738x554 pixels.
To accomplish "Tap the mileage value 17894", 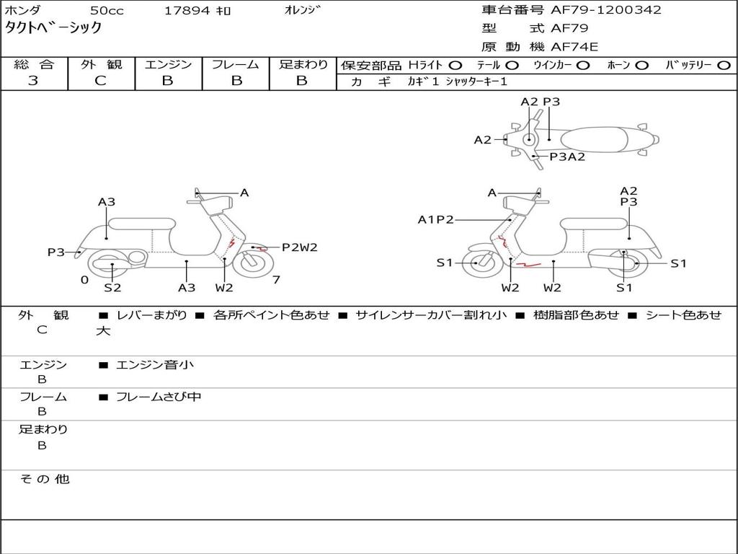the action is click(186, 11).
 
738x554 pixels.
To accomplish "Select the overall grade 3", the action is click(33, 81).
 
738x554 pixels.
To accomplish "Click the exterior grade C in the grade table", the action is click(100, 81).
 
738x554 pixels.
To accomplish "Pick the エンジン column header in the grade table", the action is click(168, 64).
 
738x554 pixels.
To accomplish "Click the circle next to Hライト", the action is click(455, 66).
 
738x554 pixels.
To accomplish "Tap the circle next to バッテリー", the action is click(724, 66).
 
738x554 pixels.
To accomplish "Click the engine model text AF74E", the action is click(574, 47).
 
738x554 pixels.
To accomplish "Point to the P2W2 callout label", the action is click(300, 247).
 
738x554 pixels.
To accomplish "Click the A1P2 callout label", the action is click(436, 219).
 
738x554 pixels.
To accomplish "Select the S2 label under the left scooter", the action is click(112, 287).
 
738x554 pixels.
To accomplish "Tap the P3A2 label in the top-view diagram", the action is click(568, 157).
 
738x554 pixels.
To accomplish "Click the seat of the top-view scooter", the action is click(594, 139).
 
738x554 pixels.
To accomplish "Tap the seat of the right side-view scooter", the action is click(594, 224).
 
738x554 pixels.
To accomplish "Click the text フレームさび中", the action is click(159, 397).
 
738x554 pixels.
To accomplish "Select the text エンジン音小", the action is click(154, 364).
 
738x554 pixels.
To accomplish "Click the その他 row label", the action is click(45, 479).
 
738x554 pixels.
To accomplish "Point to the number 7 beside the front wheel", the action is click(276, 280).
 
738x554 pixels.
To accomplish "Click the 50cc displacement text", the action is click(107, 11).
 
